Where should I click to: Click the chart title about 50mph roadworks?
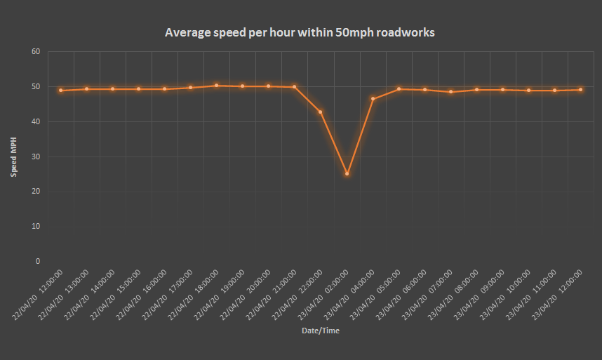tap(300, 32)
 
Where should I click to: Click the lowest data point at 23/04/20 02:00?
tap(347, 173)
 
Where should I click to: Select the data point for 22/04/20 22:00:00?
tap(321, 112)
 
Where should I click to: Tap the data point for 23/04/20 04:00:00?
tap(373, 99)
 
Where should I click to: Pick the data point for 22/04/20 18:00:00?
tap(216, 86)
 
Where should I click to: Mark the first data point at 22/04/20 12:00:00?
tap(60, 90)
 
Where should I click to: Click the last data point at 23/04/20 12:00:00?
tap(581, 89)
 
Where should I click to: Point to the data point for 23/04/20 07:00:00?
tap(451, 92)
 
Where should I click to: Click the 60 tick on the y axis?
tap(36, 52)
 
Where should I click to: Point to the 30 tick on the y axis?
tap(36, 156)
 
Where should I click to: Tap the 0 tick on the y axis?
tap(38, 261)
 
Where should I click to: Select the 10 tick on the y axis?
tap(36, 226)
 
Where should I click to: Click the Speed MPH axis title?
tap(14, 156)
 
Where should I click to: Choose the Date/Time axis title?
tap(320, 331)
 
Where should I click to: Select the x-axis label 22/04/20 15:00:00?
tap(116, 295)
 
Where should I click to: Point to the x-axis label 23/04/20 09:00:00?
tap(481, 295)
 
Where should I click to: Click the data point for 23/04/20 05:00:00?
tap(399, 89)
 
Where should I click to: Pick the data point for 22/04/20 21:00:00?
tap(294, 87)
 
